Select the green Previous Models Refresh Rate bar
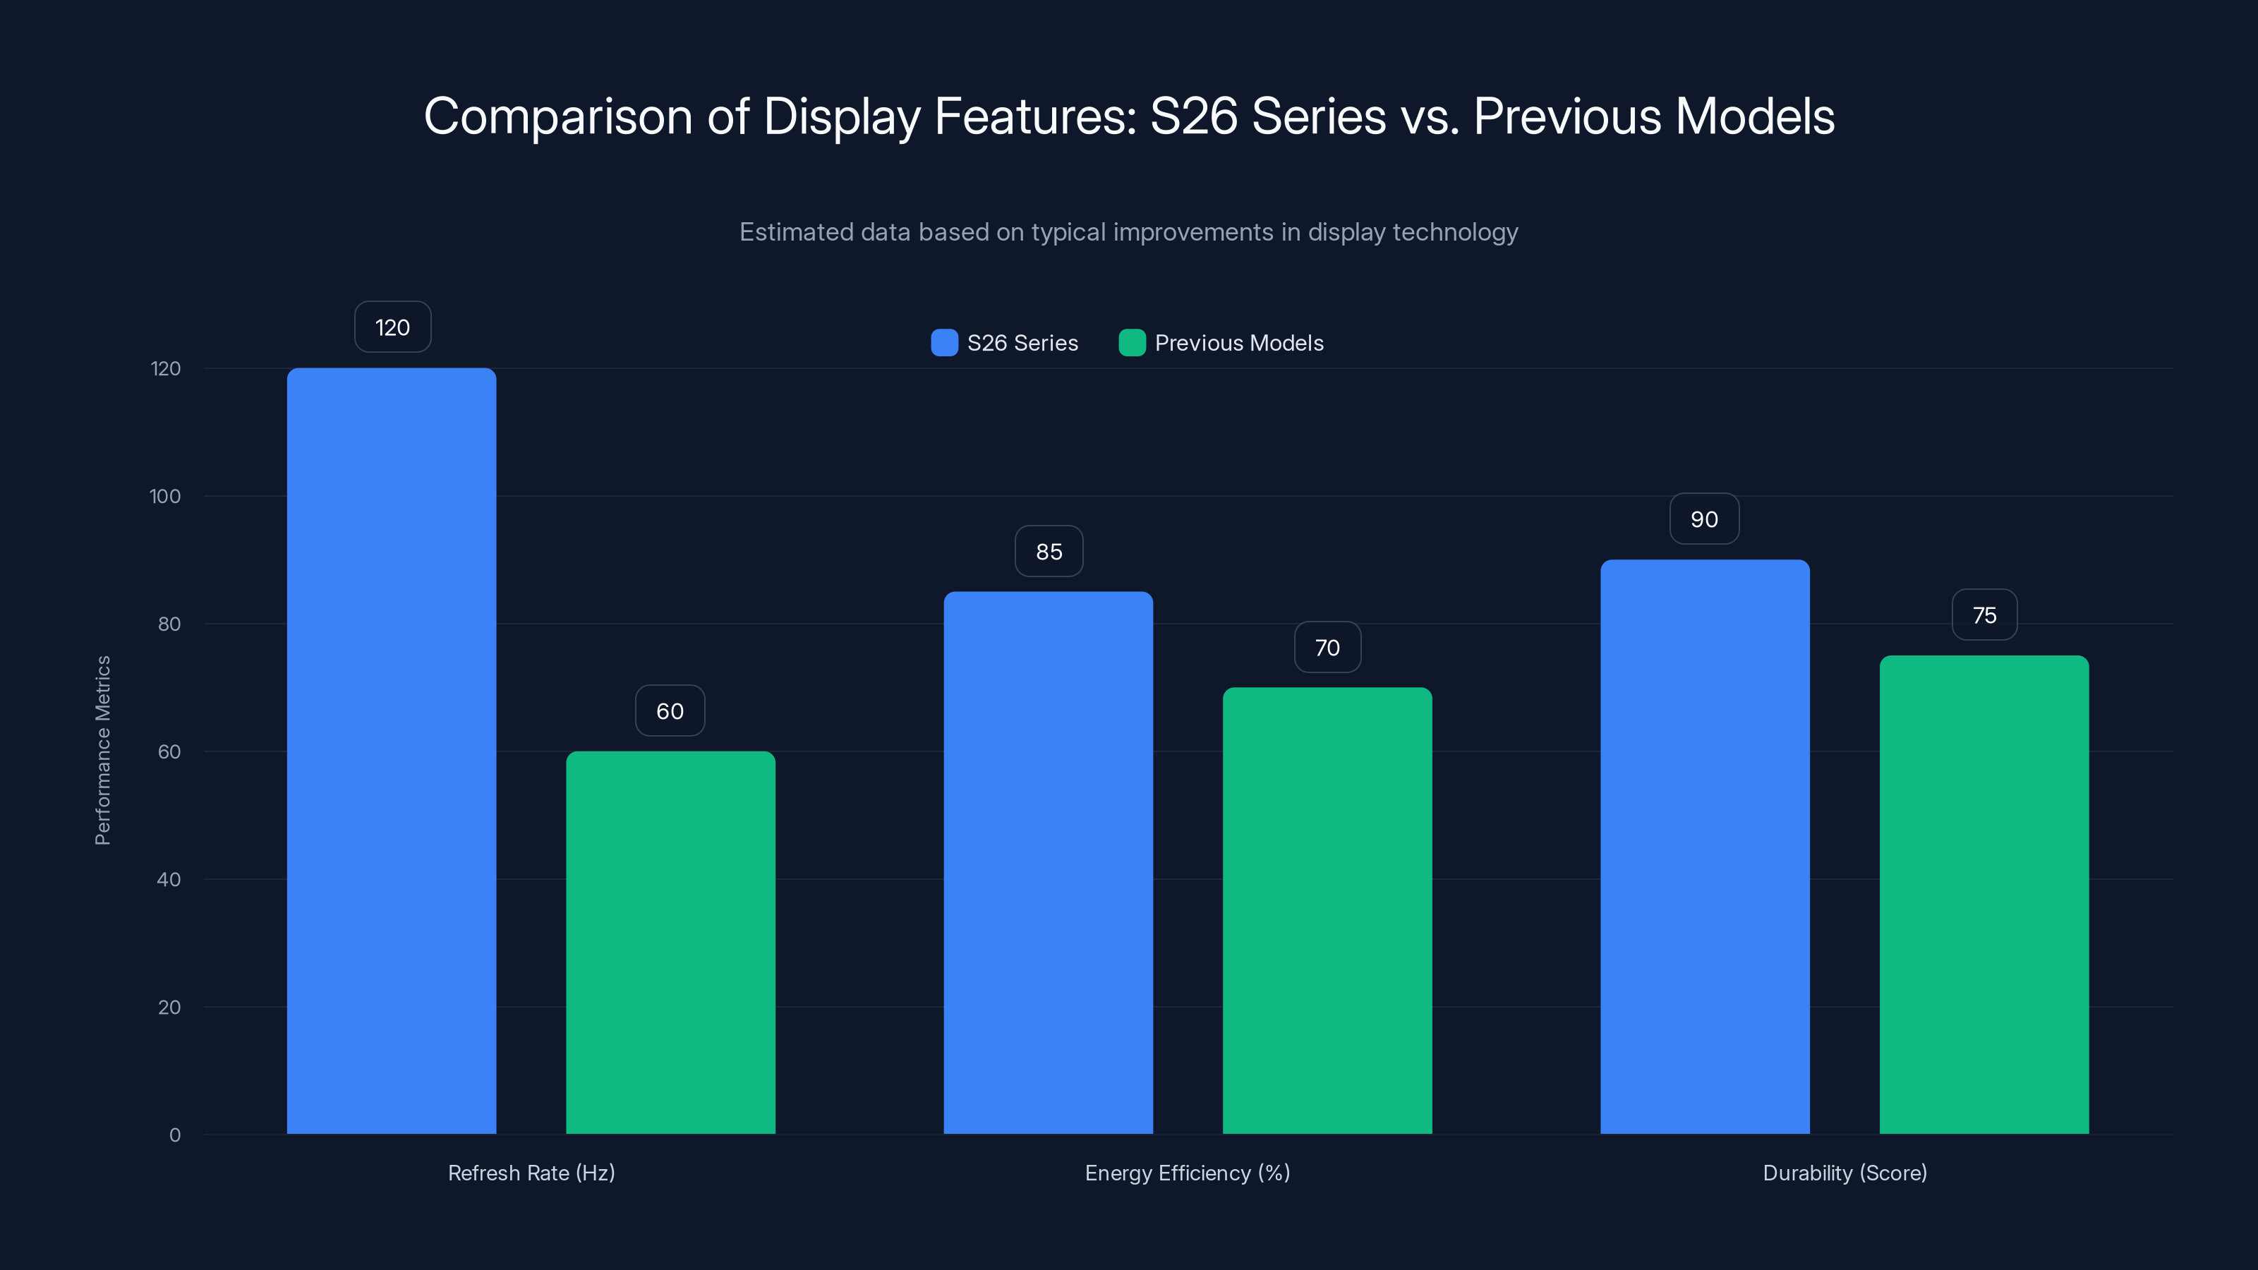670,942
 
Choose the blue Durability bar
1705,847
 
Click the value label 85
1049,551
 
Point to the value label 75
1984,615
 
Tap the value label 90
1704,519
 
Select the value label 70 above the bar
1327,648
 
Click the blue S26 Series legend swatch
944,343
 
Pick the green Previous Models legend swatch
1132,343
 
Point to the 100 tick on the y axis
165,496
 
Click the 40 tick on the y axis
169,879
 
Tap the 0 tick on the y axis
174,1135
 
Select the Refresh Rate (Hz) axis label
531,1173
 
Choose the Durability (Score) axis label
1845,1173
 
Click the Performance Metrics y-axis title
102,750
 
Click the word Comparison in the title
557,116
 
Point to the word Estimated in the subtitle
795,232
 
